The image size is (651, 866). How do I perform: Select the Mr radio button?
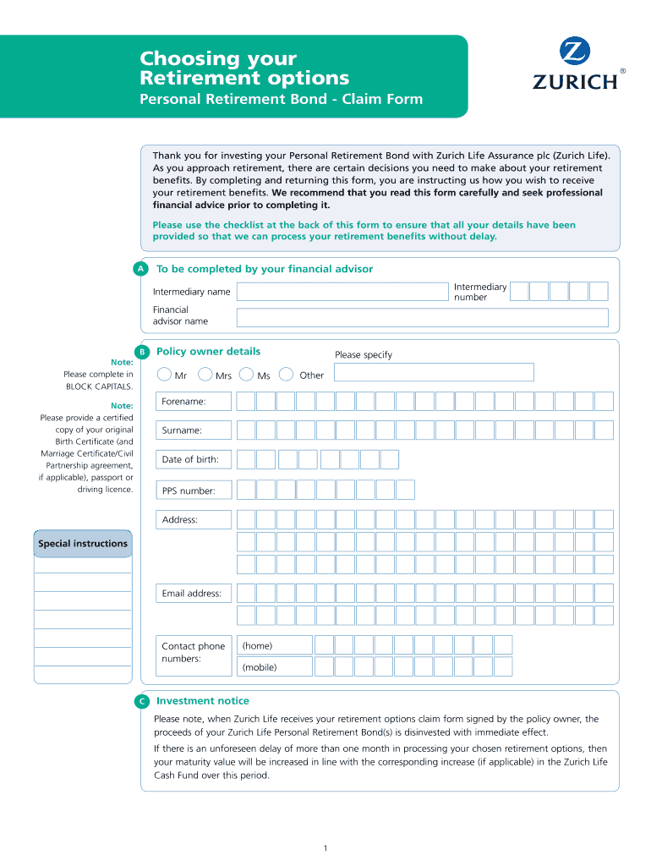click(164, 375)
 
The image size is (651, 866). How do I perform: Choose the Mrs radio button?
click(205, 375)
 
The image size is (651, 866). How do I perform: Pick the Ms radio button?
click(247, 375)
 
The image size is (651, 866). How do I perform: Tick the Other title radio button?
click(287, 375)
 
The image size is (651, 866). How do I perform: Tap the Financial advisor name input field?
click(422, 318)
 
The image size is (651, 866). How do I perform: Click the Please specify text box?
click(434, 372)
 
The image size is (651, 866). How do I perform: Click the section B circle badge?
click(143, 352)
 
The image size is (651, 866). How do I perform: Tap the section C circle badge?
click(141, 701)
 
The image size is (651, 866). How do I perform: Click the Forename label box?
click(194, 401)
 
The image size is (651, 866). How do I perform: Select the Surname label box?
click(194, 430)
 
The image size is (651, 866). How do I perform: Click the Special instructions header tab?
click(83, 544)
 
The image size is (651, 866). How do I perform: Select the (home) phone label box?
click(274, 646)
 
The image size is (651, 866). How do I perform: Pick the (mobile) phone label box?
click(274, 667)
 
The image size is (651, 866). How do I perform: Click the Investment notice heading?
click(203, 701)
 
